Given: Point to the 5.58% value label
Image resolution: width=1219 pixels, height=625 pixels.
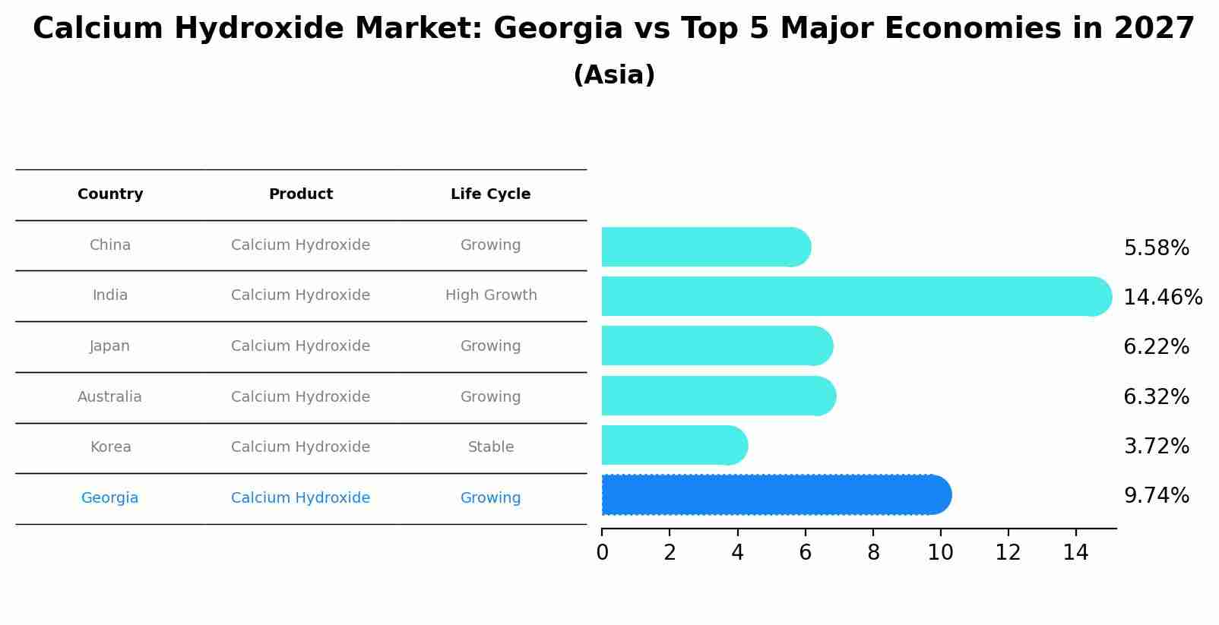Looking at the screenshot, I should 1156,248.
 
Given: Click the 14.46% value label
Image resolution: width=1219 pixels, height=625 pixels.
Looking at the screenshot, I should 1162,298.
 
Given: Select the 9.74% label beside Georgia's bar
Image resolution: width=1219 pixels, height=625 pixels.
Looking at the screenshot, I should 1156,496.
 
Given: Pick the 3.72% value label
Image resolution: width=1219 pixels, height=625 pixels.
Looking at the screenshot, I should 1156,447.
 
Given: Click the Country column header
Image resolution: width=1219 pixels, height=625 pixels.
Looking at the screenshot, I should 110,194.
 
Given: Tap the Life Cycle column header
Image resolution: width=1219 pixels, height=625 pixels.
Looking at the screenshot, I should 490,194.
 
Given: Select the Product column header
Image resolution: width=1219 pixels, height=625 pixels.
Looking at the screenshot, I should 301,194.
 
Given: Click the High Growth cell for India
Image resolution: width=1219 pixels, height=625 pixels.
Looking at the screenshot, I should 491,295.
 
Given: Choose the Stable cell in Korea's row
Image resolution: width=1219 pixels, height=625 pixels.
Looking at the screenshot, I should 491,447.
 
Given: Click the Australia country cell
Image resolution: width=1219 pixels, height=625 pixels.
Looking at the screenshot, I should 109,397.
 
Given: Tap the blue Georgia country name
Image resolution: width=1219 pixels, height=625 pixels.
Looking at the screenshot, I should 109,498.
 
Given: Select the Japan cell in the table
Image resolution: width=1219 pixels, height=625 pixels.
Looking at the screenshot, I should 109,346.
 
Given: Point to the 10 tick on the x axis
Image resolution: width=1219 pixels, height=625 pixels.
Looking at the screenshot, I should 940,553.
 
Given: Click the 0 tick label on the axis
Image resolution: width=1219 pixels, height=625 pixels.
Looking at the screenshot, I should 602,553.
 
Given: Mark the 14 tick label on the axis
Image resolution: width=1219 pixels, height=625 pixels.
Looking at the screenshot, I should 1075,553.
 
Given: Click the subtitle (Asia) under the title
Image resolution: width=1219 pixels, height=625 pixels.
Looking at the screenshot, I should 614,75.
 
